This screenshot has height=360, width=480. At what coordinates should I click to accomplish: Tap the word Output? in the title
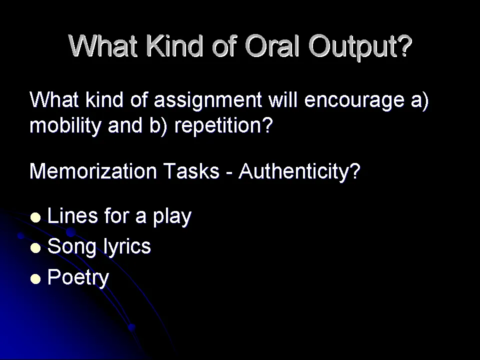tap(360, 47)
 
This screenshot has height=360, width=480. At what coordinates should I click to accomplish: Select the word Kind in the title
tap(174, 45)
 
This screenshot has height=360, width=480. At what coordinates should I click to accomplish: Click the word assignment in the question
tap(207, 100)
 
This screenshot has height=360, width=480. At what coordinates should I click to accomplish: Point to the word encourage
tap(354, 100)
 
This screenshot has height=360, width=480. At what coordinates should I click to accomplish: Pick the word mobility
tap(65, 126)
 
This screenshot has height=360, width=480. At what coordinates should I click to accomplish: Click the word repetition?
tap(223, 126)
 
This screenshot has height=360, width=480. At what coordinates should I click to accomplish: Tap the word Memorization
tap(93, 171)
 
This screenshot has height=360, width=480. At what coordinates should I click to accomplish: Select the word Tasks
tap(191, 171)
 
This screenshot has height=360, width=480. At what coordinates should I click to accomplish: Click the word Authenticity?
tap(299, 171)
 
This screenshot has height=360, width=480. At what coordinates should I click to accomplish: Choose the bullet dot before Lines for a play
tap(35, 217)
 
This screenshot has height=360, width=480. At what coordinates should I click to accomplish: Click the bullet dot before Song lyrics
tap(35, 248)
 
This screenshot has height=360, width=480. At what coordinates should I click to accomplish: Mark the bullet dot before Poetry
tap(35, 279)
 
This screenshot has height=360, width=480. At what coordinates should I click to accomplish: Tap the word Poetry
tap(78, 278)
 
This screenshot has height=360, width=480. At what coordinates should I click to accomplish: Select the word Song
tap(72, 246)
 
